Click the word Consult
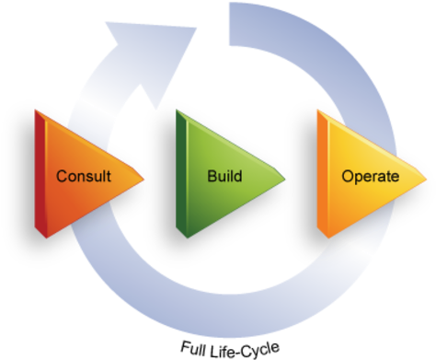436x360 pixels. pyautogui.click(x=84, y=176)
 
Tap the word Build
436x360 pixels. pyautogui.click(x=224, y=175)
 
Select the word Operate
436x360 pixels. pyautogui.click(x=370, y=176)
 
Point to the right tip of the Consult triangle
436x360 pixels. pyautogui.click(x=143, y=176)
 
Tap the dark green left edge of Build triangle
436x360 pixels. pyautogui.click(x=181, y=172)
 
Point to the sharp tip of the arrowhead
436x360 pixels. pyautogui.click(x=198, y=29)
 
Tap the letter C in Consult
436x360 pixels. pyautogui.click(x=62, y=176)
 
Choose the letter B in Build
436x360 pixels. pyautogui.click(x=212, y=175)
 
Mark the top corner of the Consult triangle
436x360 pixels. pyautogui.click(x=37, y=110)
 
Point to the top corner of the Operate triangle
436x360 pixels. pyautogui.click(x=319, y=110)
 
